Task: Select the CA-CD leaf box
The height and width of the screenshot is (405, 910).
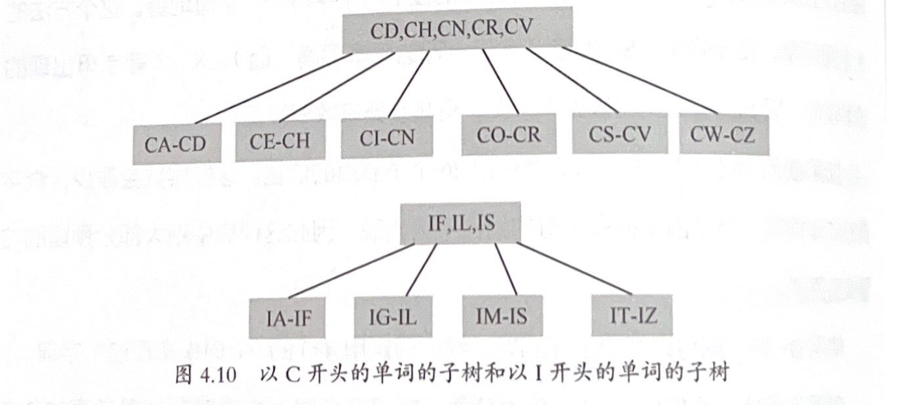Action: click(x=173, y=144)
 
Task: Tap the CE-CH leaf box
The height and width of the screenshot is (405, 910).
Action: click(x=280, y=141)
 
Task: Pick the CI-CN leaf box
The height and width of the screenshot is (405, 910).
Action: click(x=387, y=138)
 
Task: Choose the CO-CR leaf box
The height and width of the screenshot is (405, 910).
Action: click(x=508, y=136)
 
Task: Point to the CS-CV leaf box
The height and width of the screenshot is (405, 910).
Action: click(x=619, y=134)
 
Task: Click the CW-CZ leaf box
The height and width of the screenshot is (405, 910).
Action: click(x=723, y=135)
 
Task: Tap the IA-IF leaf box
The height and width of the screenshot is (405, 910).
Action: click(x=288, y=319)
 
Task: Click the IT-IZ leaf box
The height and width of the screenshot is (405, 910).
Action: click(x=632, y=315)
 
